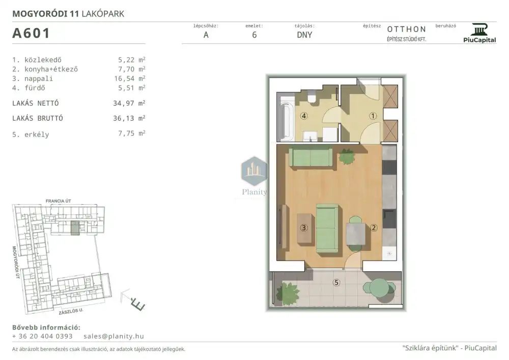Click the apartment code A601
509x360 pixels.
click(31, 33)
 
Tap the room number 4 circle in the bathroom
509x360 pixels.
click(304, 116)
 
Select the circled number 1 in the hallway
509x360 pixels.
click(373, 116)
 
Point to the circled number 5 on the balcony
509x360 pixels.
click(336, 283)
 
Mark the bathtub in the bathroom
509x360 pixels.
click(286, 118)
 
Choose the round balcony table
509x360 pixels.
click(379, 288)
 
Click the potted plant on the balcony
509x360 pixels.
click(288, 293)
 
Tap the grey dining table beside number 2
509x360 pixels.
click(355, 234)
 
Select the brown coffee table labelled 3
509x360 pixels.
click(304, 228)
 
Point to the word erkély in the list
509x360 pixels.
click(37, 134)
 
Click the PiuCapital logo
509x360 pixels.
click(479, 33)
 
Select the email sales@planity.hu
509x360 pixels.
click(114, 336)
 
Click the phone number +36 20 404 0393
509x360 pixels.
click(42, 336)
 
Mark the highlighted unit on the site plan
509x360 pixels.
click(75, 228)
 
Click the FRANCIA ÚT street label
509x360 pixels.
click(59, 201)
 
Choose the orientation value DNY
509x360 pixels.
click(304, 35)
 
